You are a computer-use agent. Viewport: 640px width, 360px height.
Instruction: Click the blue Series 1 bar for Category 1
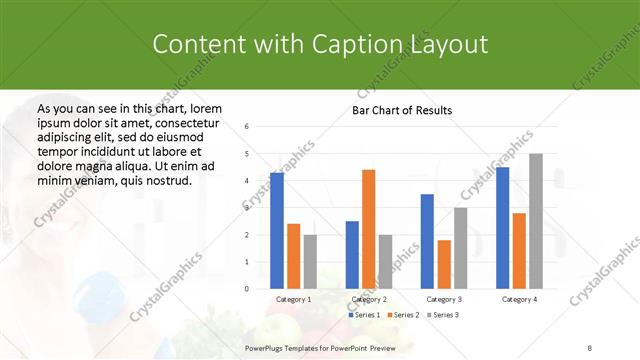pyautogui.click(x=277, y=230)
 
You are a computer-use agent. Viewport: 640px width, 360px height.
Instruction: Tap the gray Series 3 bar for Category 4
pyautogui.click(x=536, y=221)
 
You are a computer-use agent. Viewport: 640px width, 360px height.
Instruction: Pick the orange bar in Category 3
pyautogui.click(x=444, y=264)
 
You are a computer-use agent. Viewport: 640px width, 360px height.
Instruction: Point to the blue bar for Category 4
pyautogui.click(x=502, y=227)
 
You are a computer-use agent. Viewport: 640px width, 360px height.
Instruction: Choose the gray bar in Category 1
pyautogui.click(x=310, y=261)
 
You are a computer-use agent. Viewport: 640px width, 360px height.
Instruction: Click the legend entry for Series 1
pyautogui.click(x=362, y=315)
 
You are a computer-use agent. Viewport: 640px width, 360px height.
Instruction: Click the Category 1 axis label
pyautogui.click(x=293, y=299)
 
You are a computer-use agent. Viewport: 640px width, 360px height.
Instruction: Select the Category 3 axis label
pyautogui.click(x=444, y=299)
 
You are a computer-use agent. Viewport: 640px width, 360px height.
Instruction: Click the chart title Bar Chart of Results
pyautogui.click(x=402, y=110)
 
